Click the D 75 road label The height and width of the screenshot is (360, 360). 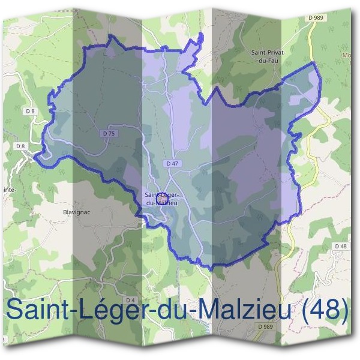pyautogui.click(x=109, y=133)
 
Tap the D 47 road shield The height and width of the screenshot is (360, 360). pyautogui.click(x=172, y=163)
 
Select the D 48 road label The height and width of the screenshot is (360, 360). pyautogui.click(x=341, y=246)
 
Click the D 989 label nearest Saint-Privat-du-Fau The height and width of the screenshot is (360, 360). pyautogui.click(x=316, y=18)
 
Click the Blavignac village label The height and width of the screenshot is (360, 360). pyautogui.click(x=76, y=212)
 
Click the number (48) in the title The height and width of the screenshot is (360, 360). pyautogui.click(x=325, y=311)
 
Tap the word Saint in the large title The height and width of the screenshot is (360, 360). pyautogui.click(x=38, y=311)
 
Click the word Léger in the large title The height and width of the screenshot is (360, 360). pyautogui.click(x=110, y=311)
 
